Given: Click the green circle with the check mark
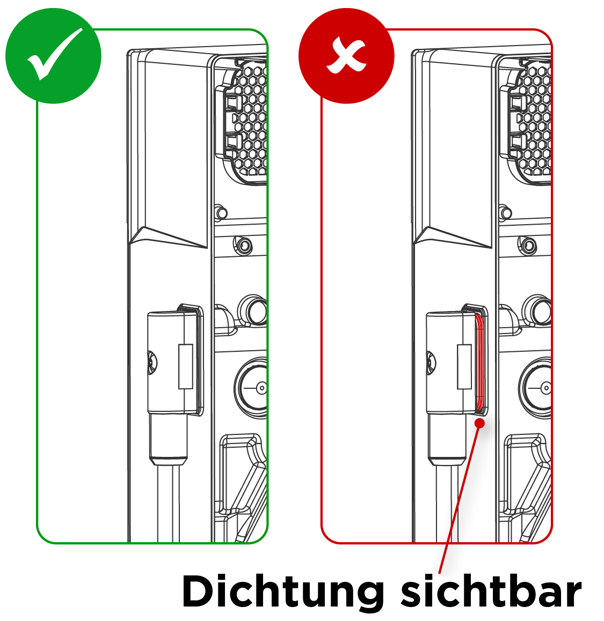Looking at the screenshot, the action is (x=53, y=56).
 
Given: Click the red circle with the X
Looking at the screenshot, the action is (x=346, y=56).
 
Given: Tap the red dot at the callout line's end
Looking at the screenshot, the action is (x=480, y=423).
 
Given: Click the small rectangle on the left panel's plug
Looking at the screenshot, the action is (x=186, y=366).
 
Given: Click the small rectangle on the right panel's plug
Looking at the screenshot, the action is (x=464, y=366).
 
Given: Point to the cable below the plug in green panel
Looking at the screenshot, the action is (x=168, y=503).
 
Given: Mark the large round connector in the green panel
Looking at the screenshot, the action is (x=251, y=387).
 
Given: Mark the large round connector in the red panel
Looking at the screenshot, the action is (x=535, y=387).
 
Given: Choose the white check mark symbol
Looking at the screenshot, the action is (x=55, y=54).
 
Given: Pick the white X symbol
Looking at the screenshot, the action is (x=346, y=56).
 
